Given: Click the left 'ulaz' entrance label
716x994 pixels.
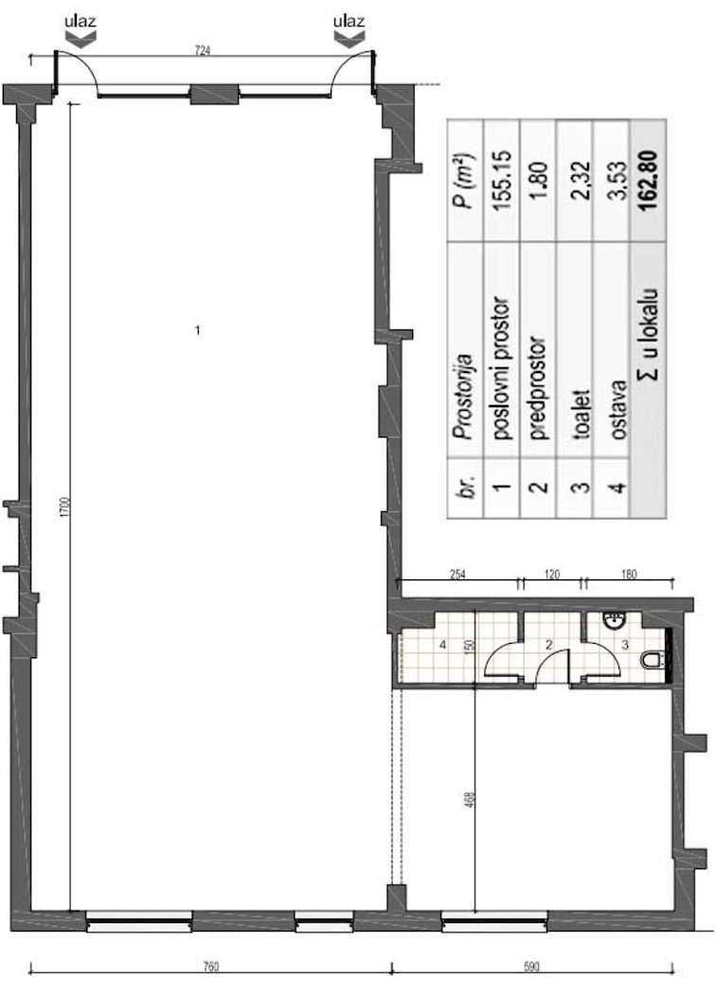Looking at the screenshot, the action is point(81,22).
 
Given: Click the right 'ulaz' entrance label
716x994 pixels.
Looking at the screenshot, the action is point(349,22).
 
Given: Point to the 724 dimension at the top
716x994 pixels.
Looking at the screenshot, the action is point(202,51).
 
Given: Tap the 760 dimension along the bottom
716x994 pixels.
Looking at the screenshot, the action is point(211,967).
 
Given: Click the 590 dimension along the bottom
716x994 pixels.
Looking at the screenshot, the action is point(531,967).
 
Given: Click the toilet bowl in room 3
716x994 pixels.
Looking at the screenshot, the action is point(652,661).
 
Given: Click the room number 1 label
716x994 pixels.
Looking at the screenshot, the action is point(198,330).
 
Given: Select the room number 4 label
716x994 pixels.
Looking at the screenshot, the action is point(442,645).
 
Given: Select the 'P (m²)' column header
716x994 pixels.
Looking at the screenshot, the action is point(466,180).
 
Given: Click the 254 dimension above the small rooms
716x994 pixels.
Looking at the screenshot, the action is point(457,575).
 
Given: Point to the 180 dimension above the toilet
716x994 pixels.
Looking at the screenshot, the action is point(628,575).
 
